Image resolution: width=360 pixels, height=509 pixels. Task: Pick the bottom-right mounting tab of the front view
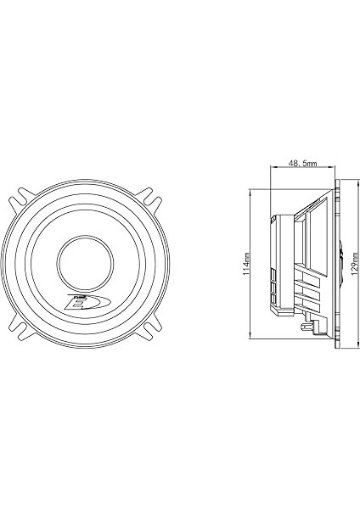click(150, 325)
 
